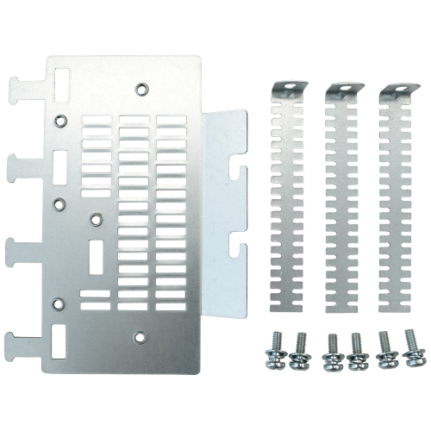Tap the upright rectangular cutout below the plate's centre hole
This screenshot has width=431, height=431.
[x=97, y=254]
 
